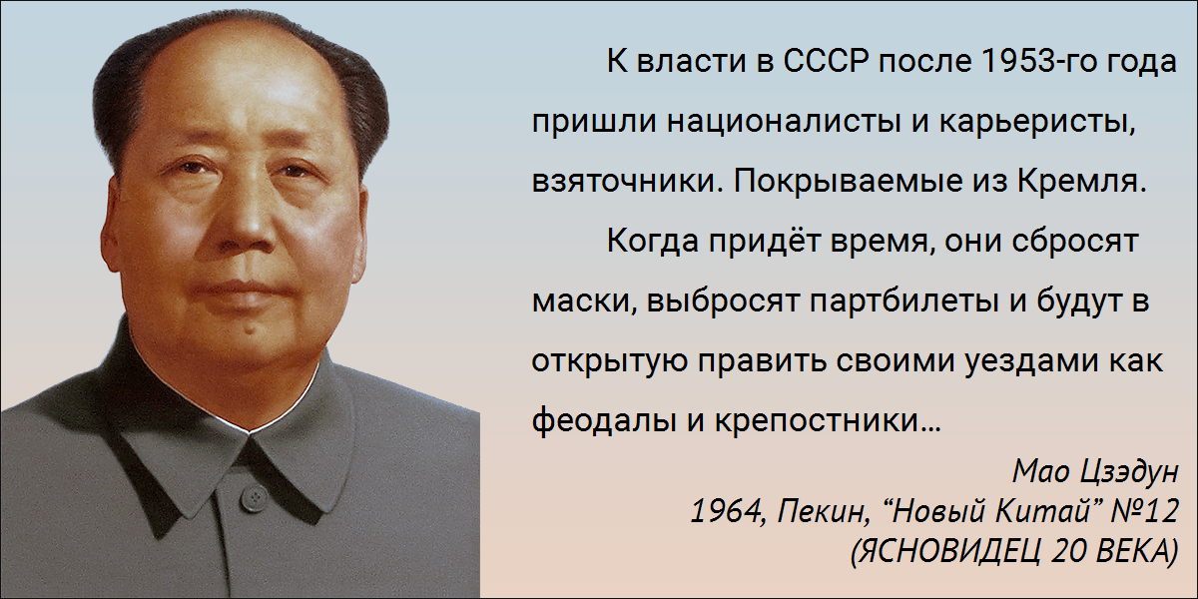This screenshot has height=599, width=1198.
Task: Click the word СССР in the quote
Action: coord(826,61)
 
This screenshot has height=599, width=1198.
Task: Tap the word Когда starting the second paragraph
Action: coord(653,242)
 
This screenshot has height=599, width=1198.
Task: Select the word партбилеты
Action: coord(903,302)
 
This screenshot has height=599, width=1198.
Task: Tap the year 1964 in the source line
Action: coord(726,511)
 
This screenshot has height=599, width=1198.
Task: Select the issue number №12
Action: coord(1149,511)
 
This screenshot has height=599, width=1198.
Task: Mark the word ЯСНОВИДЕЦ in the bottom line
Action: coord(945,552)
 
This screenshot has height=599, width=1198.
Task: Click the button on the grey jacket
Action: coord(253,497)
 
